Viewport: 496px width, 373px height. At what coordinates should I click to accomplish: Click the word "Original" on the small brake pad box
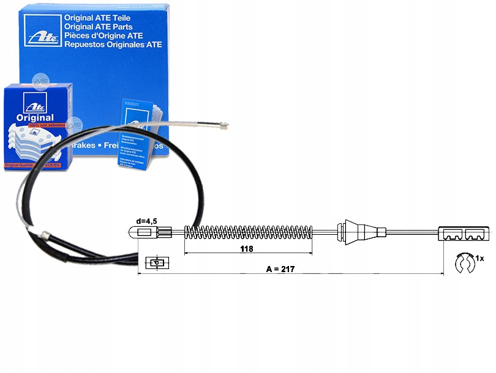36,117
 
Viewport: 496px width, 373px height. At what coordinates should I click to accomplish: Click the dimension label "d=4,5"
146,220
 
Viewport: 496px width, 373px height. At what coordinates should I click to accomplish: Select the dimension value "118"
246,249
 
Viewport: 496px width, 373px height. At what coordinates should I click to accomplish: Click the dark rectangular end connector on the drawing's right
465,233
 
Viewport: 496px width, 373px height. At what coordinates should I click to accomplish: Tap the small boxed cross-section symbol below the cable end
157,264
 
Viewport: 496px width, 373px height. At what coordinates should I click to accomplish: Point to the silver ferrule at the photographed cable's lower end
45,234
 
